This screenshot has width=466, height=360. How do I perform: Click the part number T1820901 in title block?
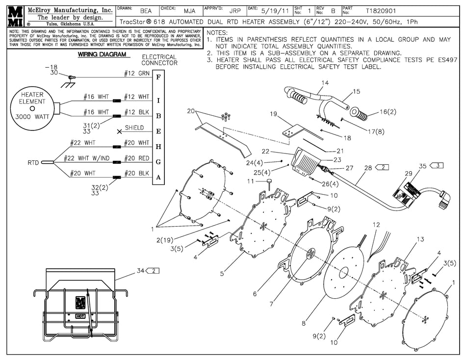382,10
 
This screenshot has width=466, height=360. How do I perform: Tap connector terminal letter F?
158,77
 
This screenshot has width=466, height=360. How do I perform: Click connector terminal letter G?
158,162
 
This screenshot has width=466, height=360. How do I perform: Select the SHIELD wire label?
134,128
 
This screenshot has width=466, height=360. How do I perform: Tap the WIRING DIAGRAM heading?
102,54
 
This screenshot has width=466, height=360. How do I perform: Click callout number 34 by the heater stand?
141,270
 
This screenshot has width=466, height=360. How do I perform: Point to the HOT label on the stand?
80,316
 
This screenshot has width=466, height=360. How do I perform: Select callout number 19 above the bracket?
273,114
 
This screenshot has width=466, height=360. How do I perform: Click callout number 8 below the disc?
304,323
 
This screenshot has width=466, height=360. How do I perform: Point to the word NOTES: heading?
218,32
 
